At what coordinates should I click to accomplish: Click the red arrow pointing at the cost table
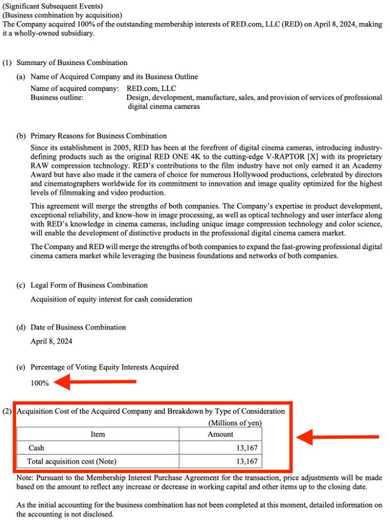(x=337, y=437)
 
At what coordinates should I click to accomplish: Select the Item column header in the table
(x=98, y=434)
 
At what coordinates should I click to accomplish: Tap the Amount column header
(x=220, y=434)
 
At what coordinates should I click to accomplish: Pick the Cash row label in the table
(x=36, y=448)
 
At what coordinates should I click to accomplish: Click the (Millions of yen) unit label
(x=235, y=423)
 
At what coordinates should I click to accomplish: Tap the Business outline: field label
(x=57, y=98)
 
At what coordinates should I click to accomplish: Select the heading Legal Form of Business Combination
(x=89, y=285)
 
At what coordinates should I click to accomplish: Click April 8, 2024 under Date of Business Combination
(x=52, y=341)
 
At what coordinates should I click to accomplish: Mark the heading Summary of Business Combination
(x=72, y=62)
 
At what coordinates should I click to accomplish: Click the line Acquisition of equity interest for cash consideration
(x=111, y=299)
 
